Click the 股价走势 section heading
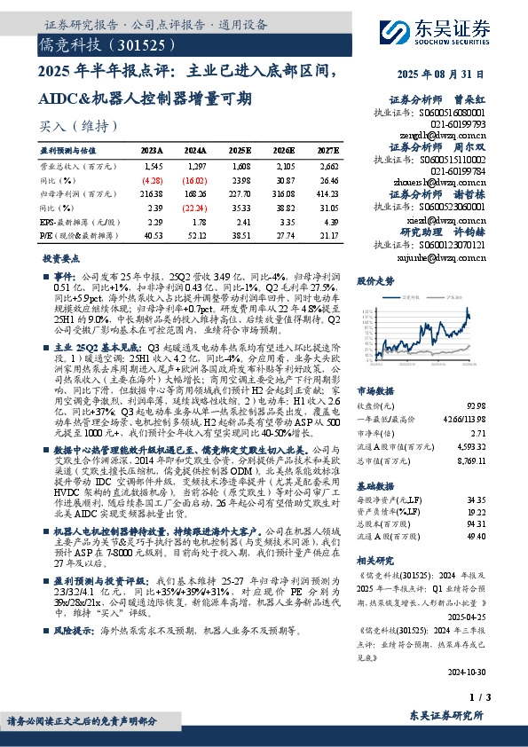coord(374,280)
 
